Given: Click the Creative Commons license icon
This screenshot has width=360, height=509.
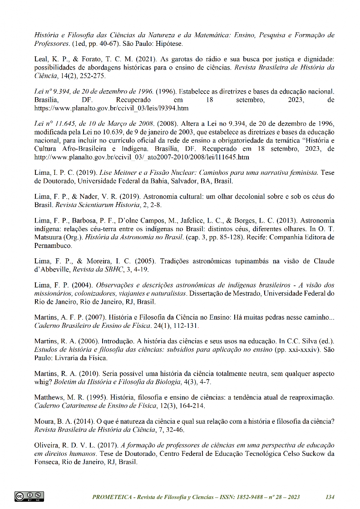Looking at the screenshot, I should tap(29, 497).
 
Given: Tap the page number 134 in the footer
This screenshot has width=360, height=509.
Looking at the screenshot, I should tap(330, 497).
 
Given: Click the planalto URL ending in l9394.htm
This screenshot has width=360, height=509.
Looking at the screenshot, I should tap(111, 109).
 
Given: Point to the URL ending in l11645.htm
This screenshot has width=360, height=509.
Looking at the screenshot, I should tap(142, 157).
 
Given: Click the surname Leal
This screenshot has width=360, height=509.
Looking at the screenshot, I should tap(42, 59).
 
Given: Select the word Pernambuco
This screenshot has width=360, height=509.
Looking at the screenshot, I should tap(54, 246).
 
